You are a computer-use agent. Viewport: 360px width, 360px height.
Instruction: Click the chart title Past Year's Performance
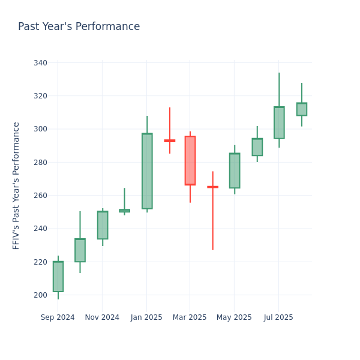(x=79, y=27)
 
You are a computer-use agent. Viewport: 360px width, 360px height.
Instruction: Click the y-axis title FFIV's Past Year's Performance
(x=16, y=185)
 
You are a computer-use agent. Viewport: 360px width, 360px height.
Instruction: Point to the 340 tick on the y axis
(x=41, y=63)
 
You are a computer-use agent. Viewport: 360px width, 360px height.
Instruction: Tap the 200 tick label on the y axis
(x=41, y=295)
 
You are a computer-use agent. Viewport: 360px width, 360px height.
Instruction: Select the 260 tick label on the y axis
(x=41, y=196)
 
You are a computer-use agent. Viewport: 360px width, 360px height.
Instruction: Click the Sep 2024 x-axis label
(x=58, y=317)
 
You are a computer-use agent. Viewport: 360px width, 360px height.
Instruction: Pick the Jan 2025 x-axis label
(x=146, y=317)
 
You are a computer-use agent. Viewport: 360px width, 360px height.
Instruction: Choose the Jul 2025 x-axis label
(x=279, y=317)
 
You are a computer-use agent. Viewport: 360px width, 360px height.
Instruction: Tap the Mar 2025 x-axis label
(x=190, y=317)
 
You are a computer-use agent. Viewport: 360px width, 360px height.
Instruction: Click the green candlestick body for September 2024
(x=58, y=277)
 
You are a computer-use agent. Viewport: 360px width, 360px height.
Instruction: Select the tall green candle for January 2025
(x=147, y=171)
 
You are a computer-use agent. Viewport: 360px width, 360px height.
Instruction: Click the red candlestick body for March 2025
(x=190, y=161)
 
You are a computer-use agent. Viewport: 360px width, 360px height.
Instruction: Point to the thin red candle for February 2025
(x=170, y=140)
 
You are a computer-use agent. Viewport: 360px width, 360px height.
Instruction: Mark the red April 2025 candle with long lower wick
(x=212, y=187)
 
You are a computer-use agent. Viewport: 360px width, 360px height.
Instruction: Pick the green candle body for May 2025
(x=235, y=170)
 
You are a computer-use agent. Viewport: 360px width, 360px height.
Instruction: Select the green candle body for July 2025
(x=279, y=123)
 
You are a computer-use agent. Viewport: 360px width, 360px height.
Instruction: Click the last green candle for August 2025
(x=302, y=109)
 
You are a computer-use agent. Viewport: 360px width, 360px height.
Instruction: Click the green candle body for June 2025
(x=257, y=147)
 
